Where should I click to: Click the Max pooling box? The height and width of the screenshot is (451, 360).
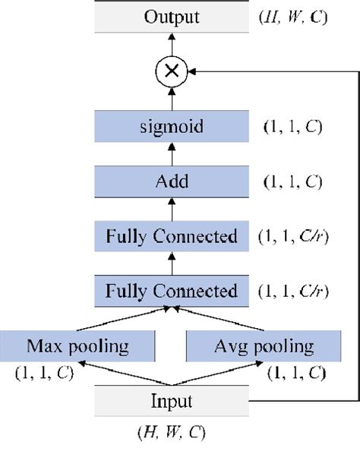79,347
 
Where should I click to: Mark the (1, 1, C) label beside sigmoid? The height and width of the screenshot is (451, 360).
291,127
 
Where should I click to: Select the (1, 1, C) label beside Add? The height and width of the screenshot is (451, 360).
291,182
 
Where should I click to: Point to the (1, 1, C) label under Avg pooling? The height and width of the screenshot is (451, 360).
296,373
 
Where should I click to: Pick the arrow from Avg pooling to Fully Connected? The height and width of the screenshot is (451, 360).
220,320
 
